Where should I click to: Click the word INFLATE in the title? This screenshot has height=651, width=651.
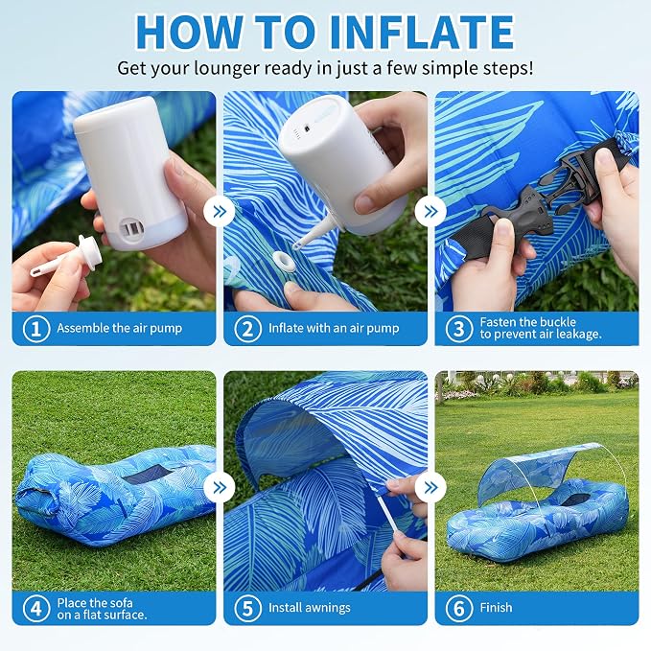coord(423,33)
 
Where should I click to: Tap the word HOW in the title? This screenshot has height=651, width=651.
coord(189,33)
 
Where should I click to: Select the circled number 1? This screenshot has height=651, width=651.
coord(36,329)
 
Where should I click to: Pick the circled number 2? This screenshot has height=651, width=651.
coord(247,329)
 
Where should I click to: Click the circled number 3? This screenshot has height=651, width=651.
coord(459,329)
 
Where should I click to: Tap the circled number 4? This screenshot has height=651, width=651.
coord(36,609)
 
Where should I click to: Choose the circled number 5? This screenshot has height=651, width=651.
coord(247,609)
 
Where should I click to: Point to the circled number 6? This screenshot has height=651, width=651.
coord(459,609)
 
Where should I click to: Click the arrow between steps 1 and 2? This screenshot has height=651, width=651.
coord(220,211)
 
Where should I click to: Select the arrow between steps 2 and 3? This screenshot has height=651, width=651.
coord(430,211)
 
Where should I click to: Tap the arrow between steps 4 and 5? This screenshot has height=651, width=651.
coord(220,487)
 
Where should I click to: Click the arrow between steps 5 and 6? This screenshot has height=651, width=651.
coord(430,487)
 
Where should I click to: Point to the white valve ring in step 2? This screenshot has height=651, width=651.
coord(285,261)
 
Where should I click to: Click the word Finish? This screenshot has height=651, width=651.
coord(496,608)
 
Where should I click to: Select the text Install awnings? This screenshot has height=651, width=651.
coord(310,608)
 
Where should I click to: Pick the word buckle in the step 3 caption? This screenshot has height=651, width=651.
coord(555,322)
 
